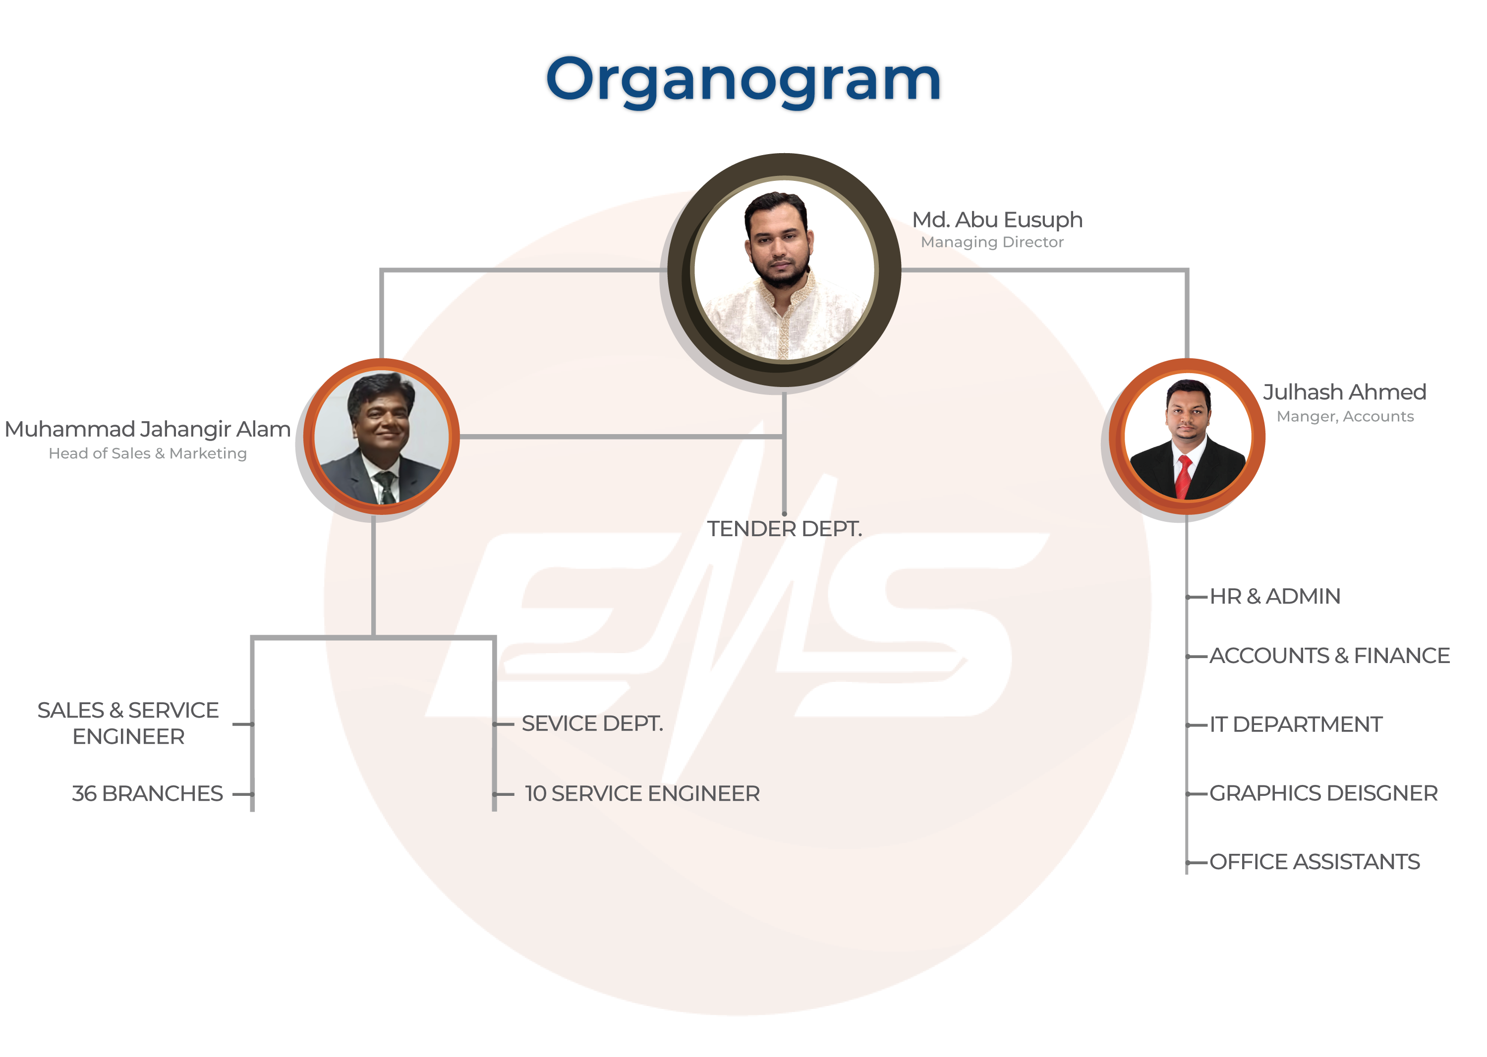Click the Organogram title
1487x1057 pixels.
[743, 82]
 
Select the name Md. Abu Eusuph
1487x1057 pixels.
[997, 221]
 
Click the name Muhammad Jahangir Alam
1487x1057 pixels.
[148, 430]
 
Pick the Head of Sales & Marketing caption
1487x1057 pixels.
[148, 453]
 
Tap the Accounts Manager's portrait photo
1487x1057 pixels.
[1188, 437]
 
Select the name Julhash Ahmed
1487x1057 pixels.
[1344, 392]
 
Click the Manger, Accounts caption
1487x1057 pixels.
[1345, 417]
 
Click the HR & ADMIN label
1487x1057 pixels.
[1275, 596]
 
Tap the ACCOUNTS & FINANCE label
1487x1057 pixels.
[1329, 656]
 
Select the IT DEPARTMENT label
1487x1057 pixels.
[1296, 724]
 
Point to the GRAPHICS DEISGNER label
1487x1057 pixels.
[1323, 793]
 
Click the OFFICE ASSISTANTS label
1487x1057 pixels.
[1315, 862]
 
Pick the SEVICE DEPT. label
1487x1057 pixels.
[592, 724]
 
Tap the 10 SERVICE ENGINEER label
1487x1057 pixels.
[642, 794]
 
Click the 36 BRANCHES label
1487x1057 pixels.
[148, 794]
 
